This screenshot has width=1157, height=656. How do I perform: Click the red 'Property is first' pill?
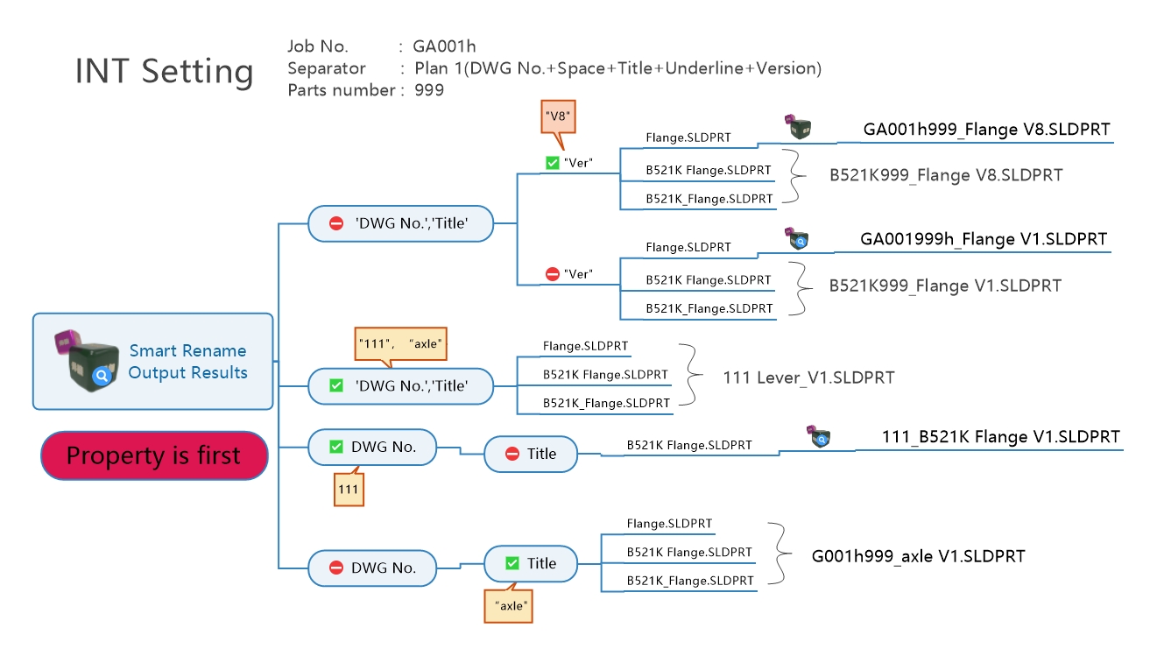[154, 455]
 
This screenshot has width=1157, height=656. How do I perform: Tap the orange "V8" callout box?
[558, 116]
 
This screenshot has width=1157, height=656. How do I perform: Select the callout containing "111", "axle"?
[400, 344]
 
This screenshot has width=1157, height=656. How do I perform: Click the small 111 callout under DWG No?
[349, 489]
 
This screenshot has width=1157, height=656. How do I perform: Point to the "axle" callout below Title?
[508, 605]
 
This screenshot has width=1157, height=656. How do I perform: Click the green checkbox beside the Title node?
[511, 563]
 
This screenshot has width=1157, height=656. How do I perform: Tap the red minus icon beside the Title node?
[511, 454]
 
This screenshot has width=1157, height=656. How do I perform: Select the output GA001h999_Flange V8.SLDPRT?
[986, 129]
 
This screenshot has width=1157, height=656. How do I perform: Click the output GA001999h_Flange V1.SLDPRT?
[984, 239]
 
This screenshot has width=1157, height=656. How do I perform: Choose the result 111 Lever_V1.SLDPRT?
[808, 377]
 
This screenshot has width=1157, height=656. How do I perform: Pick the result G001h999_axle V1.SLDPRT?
[919, 556]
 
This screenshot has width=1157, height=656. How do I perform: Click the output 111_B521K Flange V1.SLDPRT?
[1000, 437]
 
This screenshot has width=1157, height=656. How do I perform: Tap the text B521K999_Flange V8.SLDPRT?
[946, 175]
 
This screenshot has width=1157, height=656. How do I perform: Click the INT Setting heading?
[165, 71]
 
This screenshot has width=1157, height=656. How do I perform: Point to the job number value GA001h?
[444, 46]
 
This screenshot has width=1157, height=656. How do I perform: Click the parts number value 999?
[429, 90]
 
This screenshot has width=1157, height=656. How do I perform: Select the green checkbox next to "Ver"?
[552, 163]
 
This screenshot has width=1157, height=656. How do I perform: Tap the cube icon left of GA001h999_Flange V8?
[798, 127]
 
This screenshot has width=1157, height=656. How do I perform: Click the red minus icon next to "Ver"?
[552, 274]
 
